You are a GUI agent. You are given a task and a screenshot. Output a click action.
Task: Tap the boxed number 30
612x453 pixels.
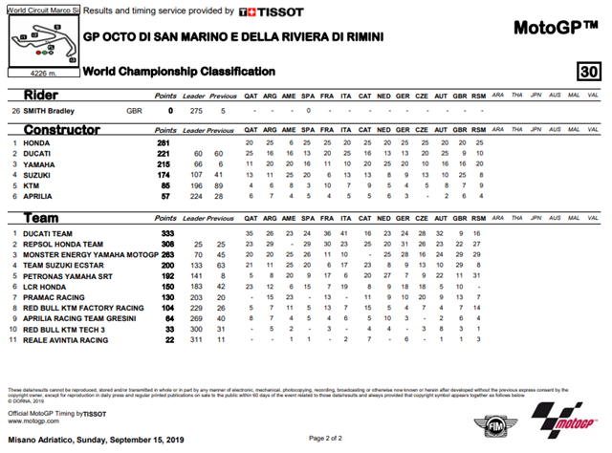[x=590, y=73]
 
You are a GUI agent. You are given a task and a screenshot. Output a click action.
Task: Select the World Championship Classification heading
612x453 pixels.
[x=179, y=72]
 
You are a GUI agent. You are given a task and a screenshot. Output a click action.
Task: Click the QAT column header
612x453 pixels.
[x=250, y=96]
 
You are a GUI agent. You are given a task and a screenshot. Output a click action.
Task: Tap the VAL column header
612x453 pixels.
[x=593, y=96]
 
